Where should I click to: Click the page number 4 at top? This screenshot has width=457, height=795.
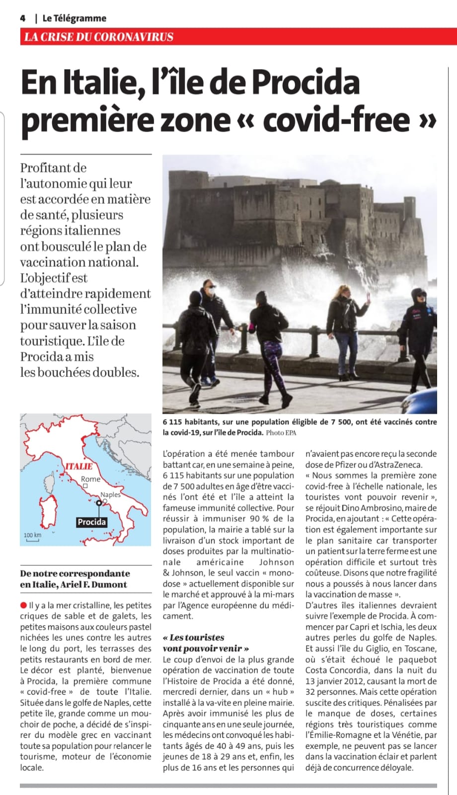coord(22,18)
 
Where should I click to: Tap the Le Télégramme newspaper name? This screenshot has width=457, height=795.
coord(74,18)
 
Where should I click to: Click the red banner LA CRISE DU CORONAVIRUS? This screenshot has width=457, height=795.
coord(99,37)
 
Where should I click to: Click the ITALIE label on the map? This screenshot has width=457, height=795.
coord(79,466)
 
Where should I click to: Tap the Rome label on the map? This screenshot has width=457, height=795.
coord(90,479)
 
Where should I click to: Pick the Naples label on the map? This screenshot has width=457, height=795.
coord(110,494)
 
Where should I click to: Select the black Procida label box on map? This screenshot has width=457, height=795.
coord(91,522)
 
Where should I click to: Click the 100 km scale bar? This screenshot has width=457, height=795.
coord(32,537)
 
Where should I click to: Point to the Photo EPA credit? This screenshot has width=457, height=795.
coord(281,433)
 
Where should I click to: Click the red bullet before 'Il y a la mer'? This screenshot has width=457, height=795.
coord(23,605)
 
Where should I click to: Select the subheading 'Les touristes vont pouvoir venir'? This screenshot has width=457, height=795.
coord(206,642)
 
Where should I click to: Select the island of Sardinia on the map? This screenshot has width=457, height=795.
coord(48,512)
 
